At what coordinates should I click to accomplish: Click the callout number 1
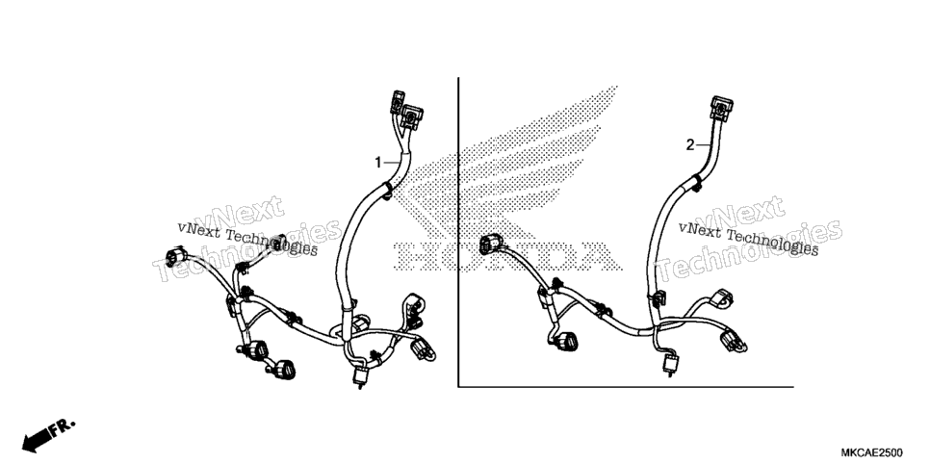377,162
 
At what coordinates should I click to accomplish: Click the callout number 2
689,144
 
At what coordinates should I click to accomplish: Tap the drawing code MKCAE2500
871,452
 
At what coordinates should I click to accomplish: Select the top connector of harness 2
721,109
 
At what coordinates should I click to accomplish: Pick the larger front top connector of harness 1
412,117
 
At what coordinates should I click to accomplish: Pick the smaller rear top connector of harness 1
397,102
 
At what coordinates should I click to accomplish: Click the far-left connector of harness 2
492,244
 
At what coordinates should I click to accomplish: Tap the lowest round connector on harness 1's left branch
283,370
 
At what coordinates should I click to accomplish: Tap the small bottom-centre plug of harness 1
359,376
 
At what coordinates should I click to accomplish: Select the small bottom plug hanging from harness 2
671,364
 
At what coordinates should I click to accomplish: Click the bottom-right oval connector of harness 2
732,342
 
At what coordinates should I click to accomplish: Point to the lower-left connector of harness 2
566,341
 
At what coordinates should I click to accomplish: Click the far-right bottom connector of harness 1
423,348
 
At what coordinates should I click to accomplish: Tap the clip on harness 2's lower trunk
658,299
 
